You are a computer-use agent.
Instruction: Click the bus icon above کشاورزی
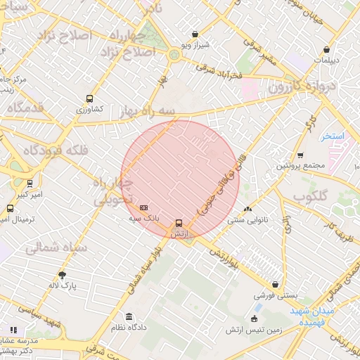pyautogui.click(x=89, y=98)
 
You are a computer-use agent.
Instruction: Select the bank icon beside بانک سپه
pyautogui.click(x=143, y=208)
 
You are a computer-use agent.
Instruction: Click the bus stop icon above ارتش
pyautogui.click(x=179, y=223)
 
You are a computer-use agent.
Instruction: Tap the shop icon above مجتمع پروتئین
pyautogui.click(x=300, y=155)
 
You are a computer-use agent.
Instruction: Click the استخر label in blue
pyautogui.click(x=332, y=135)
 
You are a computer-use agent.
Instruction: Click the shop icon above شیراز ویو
pyautogui.click(x=195, y=34)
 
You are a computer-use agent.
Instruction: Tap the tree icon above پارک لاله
pyautogui.click(x=62, y=275)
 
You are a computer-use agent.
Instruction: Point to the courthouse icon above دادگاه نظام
pyautogui.click(x=128, y=316)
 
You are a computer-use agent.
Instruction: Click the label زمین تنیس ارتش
pyautogui.click(x=254, y=329)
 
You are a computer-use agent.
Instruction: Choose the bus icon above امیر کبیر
pyautogui.click(x=30, y=183)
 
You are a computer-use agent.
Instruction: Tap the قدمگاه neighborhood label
pyautogui.click(x=35, y=108)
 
